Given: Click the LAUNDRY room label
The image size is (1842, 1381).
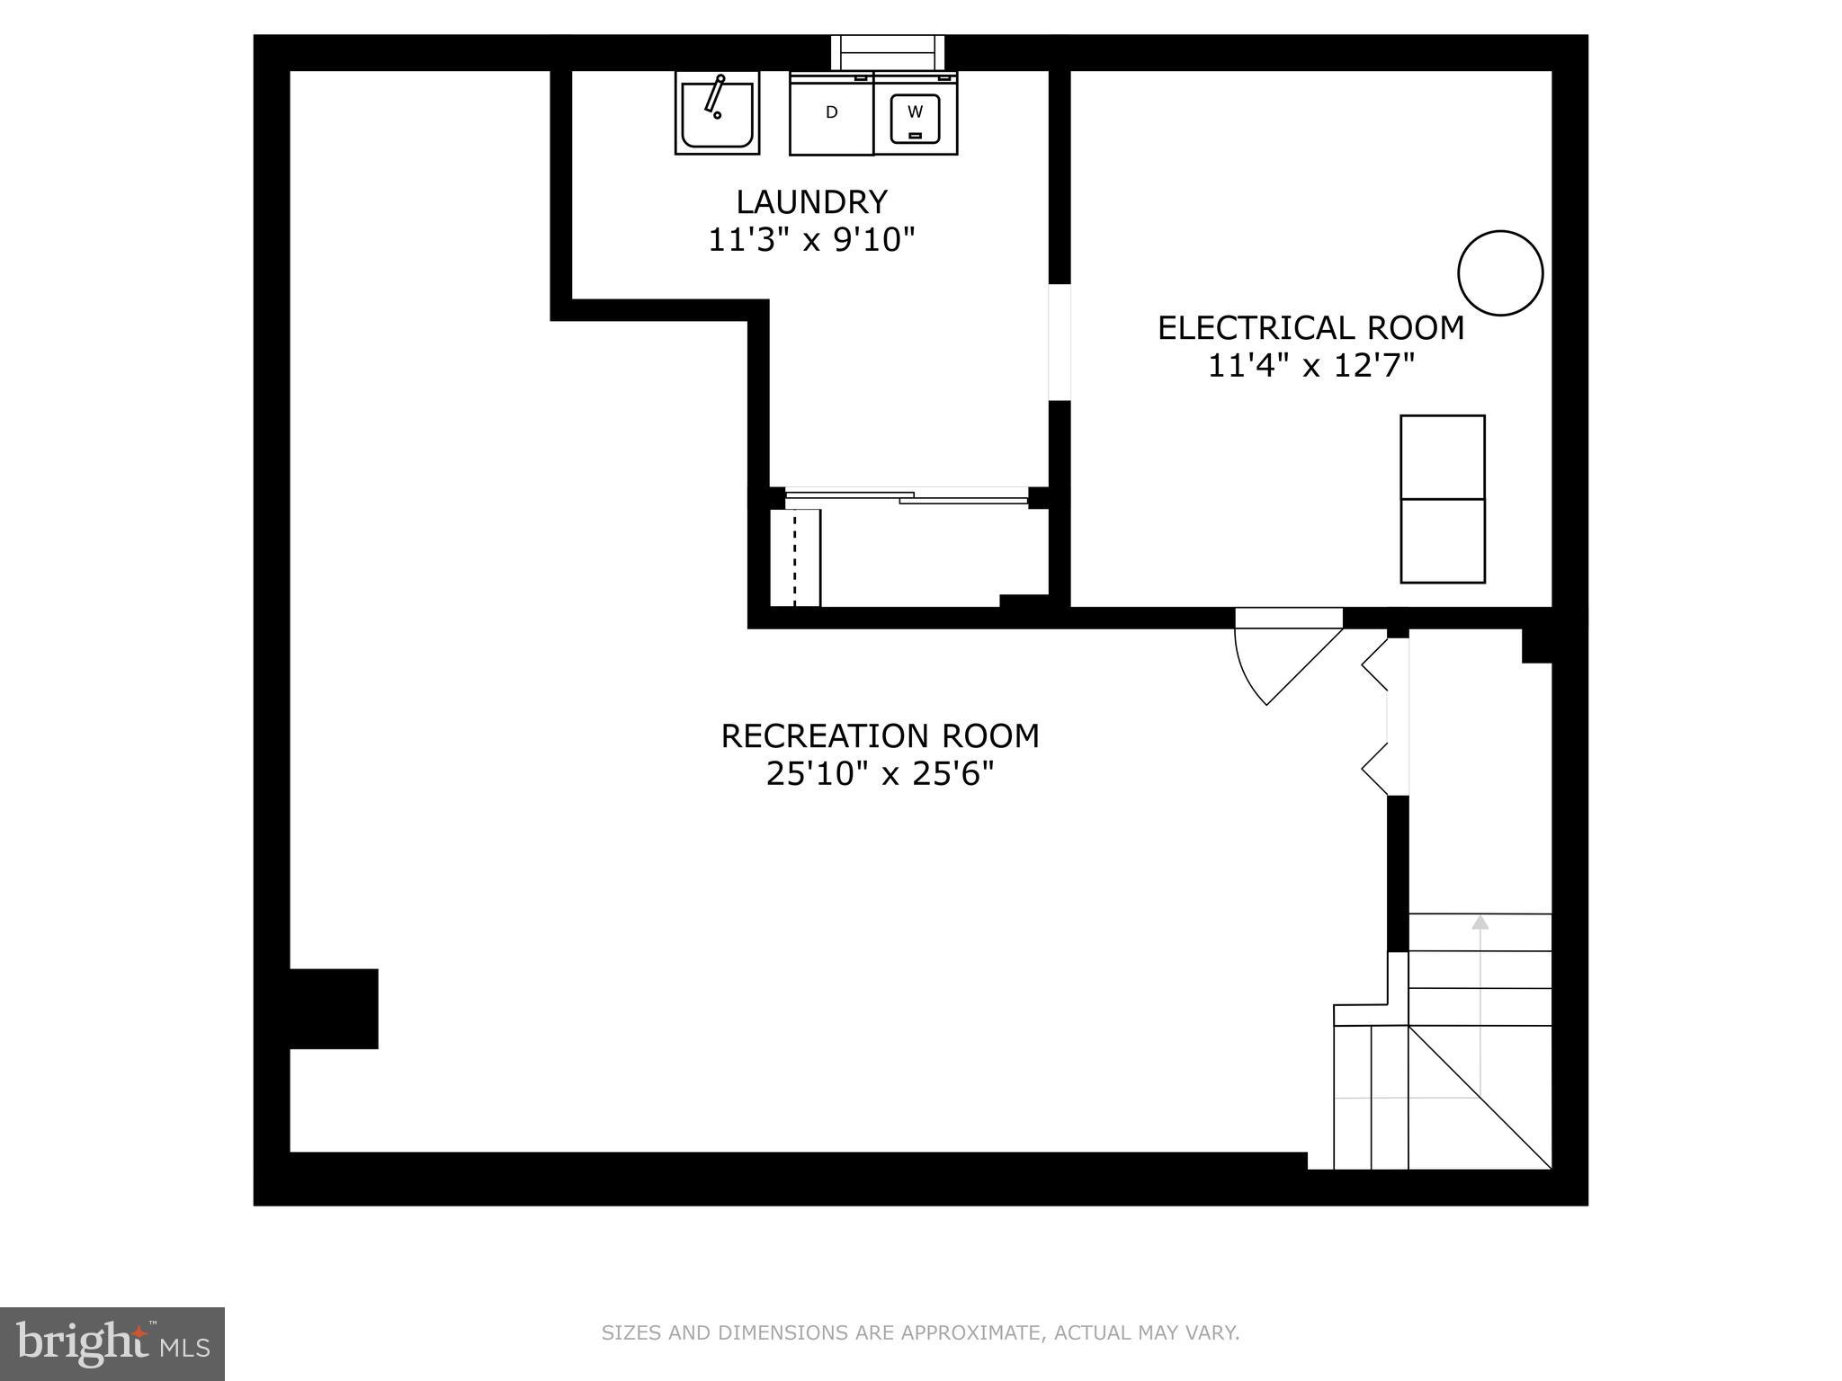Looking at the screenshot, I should click(x=811, y=201).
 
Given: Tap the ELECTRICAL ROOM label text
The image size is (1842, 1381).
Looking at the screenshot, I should click(x=1310, y=328).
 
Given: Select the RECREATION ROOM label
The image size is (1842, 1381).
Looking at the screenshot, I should click(x=880, y=736).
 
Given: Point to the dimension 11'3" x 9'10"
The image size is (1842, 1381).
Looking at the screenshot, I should click(x=811, y=240).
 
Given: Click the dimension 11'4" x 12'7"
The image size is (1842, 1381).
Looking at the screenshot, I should click(x=1310, y=366).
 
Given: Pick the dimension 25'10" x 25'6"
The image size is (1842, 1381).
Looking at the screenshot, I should click(x=880, y=774).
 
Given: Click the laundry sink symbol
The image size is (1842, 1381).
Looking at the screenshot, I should click(x=717, y=113).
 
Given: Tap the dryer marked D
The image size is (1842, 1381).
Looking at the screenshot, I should click(x=831, y=113).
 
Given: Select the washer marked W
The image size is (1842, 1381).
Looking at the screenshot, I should click(x=915, y=113).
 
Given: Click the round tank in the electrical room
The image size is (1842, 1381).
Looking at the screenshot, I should click(x=1500, y=273).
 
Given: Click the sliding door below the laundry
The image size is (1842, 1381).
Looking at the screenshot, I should click(x=907, y=494).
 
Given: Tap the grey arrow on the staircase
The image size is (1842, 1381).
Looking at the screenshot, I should click(x=1480, y=922).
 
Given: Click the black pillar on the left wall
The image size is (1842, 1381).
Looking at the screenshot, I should click(x=334, y=1008).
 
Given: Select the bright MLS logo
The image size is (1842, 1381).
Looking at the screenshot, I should click(x=112, y=1343).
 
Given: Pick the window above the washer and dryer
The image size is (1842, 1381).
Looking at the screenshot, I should click(x=888, y=52).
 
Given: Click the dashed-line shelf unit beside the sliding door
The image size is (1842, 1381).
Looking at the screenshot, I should click(x=796, y=557).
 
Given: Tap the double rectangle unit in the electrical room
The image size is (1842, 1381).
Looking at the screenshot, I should click(x=1442, y=499).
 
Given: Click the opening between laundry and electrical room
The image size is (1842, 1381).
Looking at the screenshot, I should click(x=1060, y=343).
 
